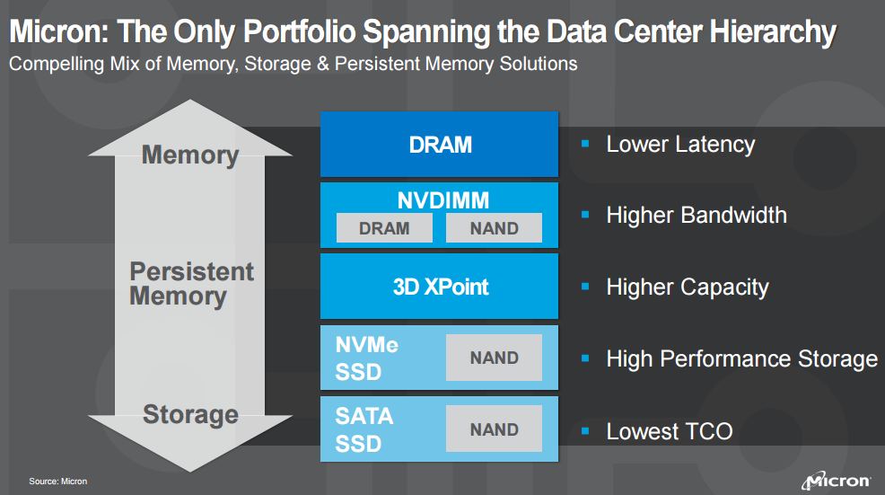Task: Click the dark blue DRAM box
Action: pos(440,144)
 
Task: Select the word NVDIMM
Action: pos(440,199)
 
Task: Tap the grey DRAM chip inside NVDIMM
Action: pos(383,228)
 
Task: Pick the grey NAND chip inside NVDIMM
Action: pos(494,228)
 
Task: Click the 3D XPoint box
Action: pos(440,287)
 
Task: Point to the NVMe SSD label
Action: pos(366,358)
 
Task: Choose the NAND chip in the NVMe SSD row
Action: pos(494,358)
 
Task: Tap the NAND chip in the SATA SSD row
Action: pos(494,429)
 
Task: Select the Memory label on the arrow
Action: pos(190,155)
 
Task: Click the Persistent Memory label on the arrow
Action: pos(191,284)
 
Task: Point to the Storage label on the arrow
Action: pos(190,414)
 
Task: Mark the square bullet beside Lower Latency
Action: pos(585,144)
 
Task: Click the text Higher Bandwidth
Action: pos(696,215)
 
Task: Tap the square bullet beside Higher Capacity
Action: pos(585,287)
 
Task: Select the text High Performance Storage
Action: pos(741,358)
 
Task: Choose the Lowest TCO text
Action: pos(669,431)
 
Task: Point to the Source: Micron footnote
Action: pos(58,482)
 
